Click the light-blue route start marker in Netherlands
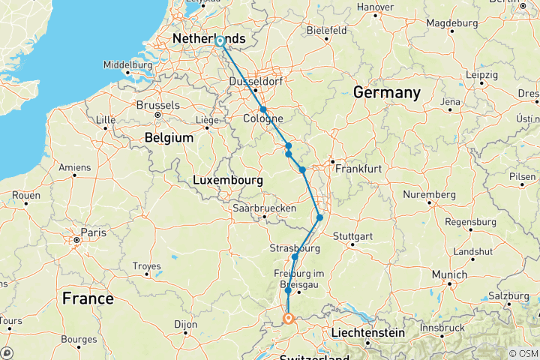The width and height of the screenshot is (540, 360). coord(220,42)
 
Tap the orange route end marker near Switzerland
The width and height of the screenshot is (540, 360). coord(288,319)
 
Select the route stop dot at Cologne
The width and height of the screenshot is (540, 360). coord(263,109)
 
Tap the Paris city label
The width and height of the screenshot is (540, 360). coord(94,233)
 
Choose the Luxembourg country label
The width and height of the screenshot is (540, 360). coord(228,181)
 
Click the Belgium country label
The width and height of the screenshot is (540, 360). coord(168,138)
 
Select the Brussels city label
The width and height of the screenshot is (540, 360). coord(157,106)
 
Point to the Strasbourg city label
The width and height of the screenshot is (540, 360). coord(295,248)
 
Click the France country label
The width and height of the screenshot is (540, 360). coord(88,298)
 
